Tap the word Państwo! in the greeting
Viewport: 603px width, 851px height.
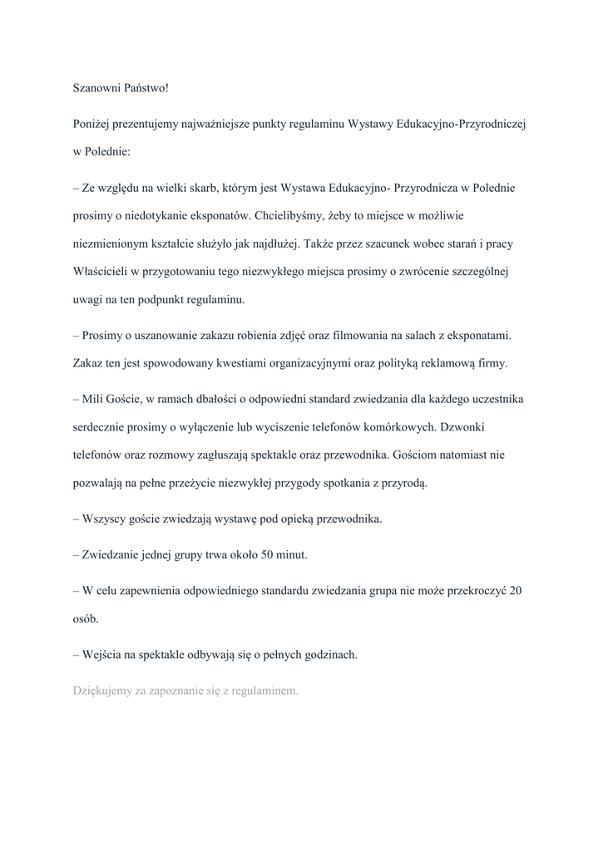click(x=148, y=86)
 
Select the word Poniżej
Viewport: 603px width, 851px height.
click(x=92, y=123)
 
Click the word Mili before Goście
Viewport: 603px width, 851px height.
click(x=95, y=400)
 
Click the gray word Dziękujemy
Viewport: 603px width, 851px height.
click(x=103, y=691)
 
